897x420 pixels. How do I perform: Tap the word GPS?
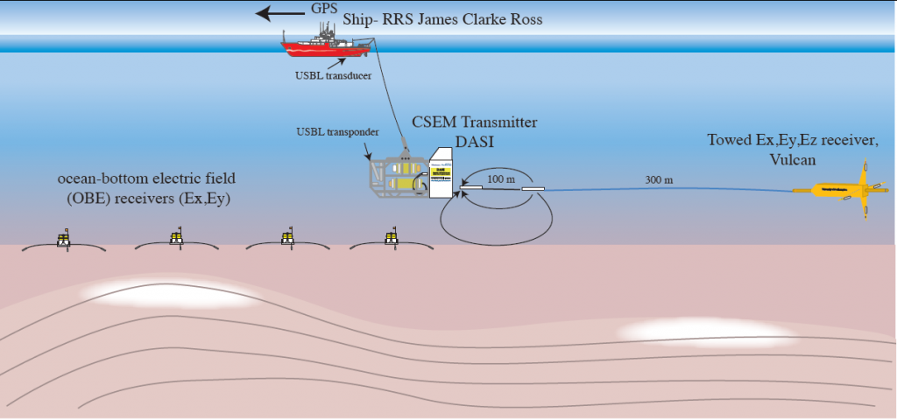pyautogui.click(x=323, y=9)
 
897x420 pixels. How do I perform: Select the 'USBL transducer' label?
pyautogui.click(x=333, y=75)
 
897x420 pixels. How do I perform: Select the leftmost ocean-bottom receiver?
pyautogui.click(x=63, y=239)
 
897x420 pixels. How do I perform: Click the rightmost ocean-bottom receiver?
pyautogui.click(x=392, y=238)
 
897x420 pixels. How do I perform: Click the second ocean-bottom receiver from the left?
pyautogui.click(x=177, y=238)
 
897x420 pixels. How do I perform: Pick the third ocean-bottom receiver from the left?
pyautogui.click(x=286, y=238)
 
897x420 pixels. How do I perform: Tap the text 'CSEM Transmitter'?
pyautogui.click(x=474, y=122)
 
